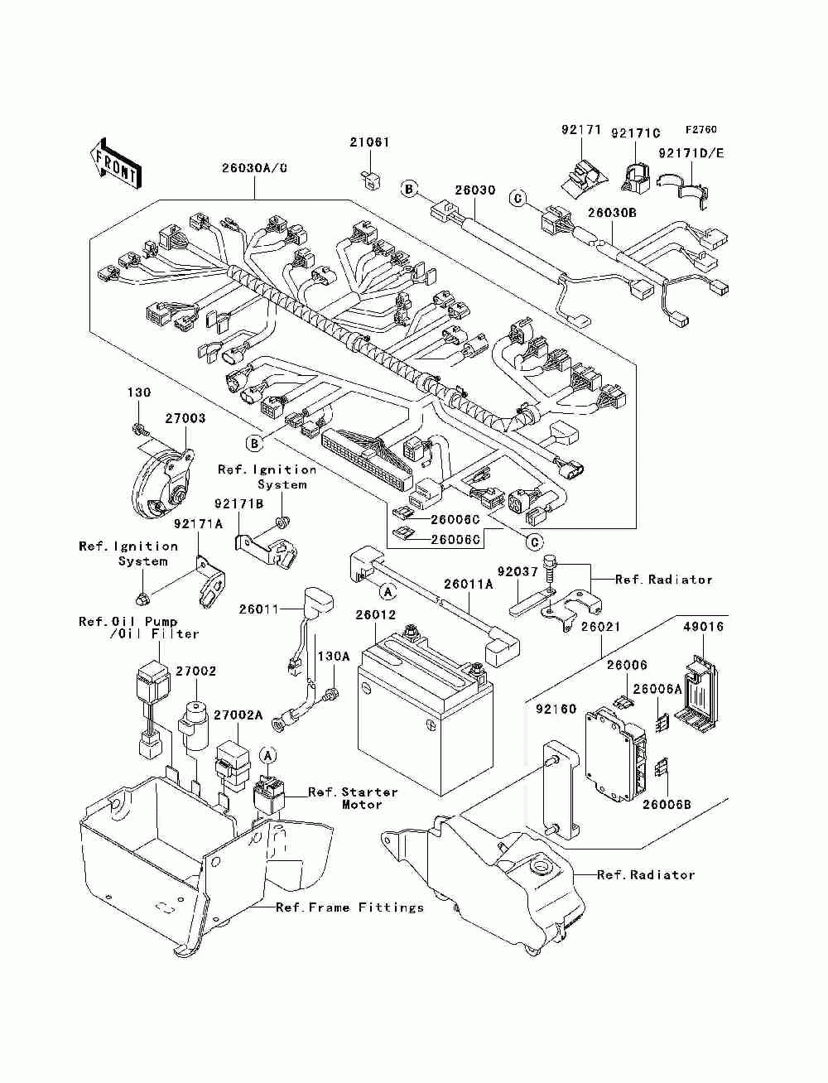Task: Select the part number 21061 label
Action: [x=369, y=142]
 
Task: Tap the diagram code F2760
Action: [x=700, y=130]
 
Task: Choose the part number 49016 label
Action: [x=703, y=627]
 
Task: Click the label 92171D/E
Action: [x=691, y=153]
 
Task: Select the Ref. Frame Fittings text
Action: [x=349, y=907]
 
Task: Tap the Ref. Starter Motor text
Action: [x=353, y=798]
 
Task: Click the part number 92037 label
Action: [x=517, y=572]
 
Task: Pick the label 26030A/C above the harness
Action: [x=254, y=168]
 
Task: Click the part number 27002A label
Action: [x=238, y=715]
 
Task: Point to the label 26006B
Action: [x=667, y=805]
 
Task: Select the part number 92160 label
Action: [x=556, y=709]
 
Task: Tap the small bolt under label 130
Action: [x=138, y=430]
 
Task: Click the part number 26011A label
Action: [x=469, y=585]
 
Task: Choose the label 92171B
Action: [x=238, y=503]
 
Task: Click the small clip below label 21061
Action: [x=369, y=179]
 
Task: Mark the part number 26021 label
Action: [x=600, y=627]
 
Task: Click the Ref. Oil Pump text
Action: [x=128, y=622]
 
